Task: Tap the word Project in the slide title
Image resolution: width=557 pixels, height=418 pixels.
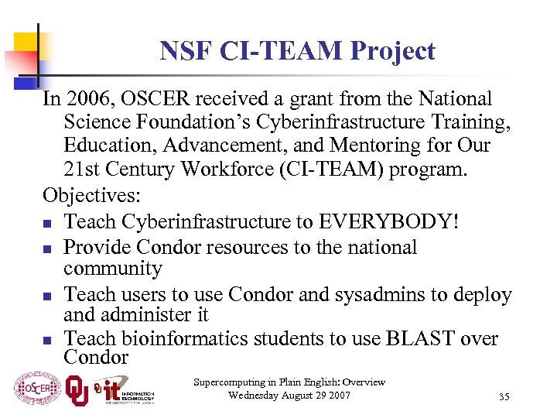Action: click(x=392, y=51)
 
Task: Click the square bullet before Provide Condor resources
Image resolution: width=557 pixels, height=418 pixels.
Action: click(x=48, y=248)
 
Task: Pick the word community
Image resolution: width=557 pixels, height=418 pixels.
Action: click(x=113, y=269)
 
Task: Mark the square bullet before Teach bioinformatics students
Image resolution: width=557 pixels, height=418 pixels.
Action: click(x=48, y=340)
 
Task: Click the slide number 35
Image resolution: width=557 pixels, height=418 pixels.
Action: click(x=504, y=397)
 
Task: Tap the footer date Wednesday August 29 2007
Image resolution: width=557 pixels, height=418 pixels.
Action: click(x=289, y=396)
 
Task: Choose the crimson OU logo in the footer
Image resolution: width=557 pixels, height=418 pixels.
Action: click(x=76, y=389)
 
